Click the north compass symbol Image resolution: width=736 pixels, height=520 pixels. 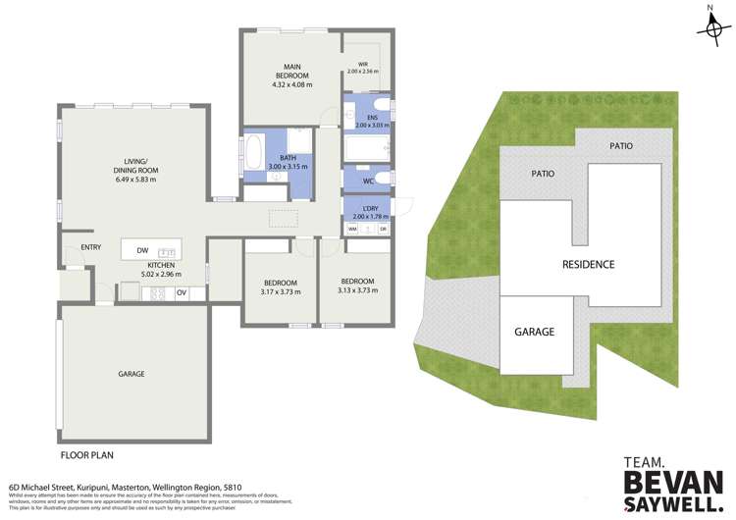(x=712, y=27)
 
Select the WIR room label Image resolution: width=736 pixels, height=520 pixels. (x=362, y=66)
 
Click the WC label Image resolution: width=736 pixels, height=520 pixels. (x=368, y=181)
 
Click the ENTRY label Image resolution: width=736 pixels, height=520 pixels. (x=91, y=247)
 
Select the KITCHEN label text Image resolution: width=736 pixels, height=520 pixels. (x=161, y=265)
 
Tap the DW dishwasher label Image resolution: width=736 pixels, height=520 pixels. (x=142, y=251)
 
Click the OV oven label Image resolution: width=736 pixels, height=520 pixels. (x=182, y=291)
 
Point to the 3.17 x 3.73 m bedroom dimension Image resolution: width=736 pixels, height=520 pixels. (x=280, y=291)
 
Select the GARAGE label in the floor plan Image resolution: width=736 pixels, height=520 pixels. (x=131, y=374)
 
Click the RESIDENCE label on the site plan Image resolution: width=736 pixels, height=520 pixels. (x=588, y=264)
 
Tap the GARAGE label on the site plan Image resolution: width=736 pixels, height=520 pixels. (x=534, y=332)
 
